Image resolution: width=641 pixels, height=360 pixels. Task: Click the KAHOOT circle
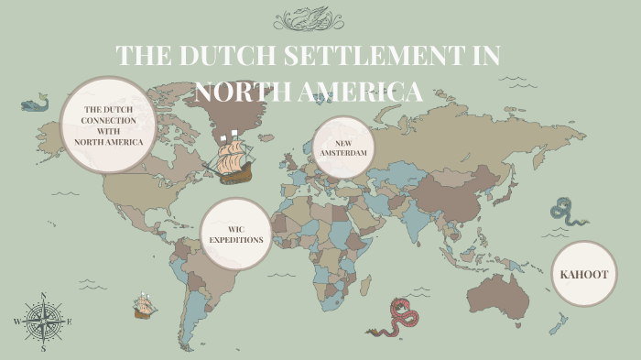coord(583,273)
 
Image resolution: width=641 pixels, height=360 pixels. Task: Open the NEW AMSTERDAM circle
coord(343,147)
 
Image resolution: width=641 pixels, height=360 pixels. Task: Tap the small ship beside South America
coord(143,306)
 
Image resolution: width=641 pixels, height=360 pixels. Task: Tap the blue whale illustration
coord(35,104)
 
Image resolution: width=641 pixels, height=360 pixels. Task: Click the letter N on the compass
coord(43,296)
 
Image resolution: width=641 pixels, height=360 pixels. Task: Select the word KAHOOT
coord(583,273)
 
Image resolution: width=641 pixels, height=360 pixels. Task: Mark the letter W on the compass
coord(16,322)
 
